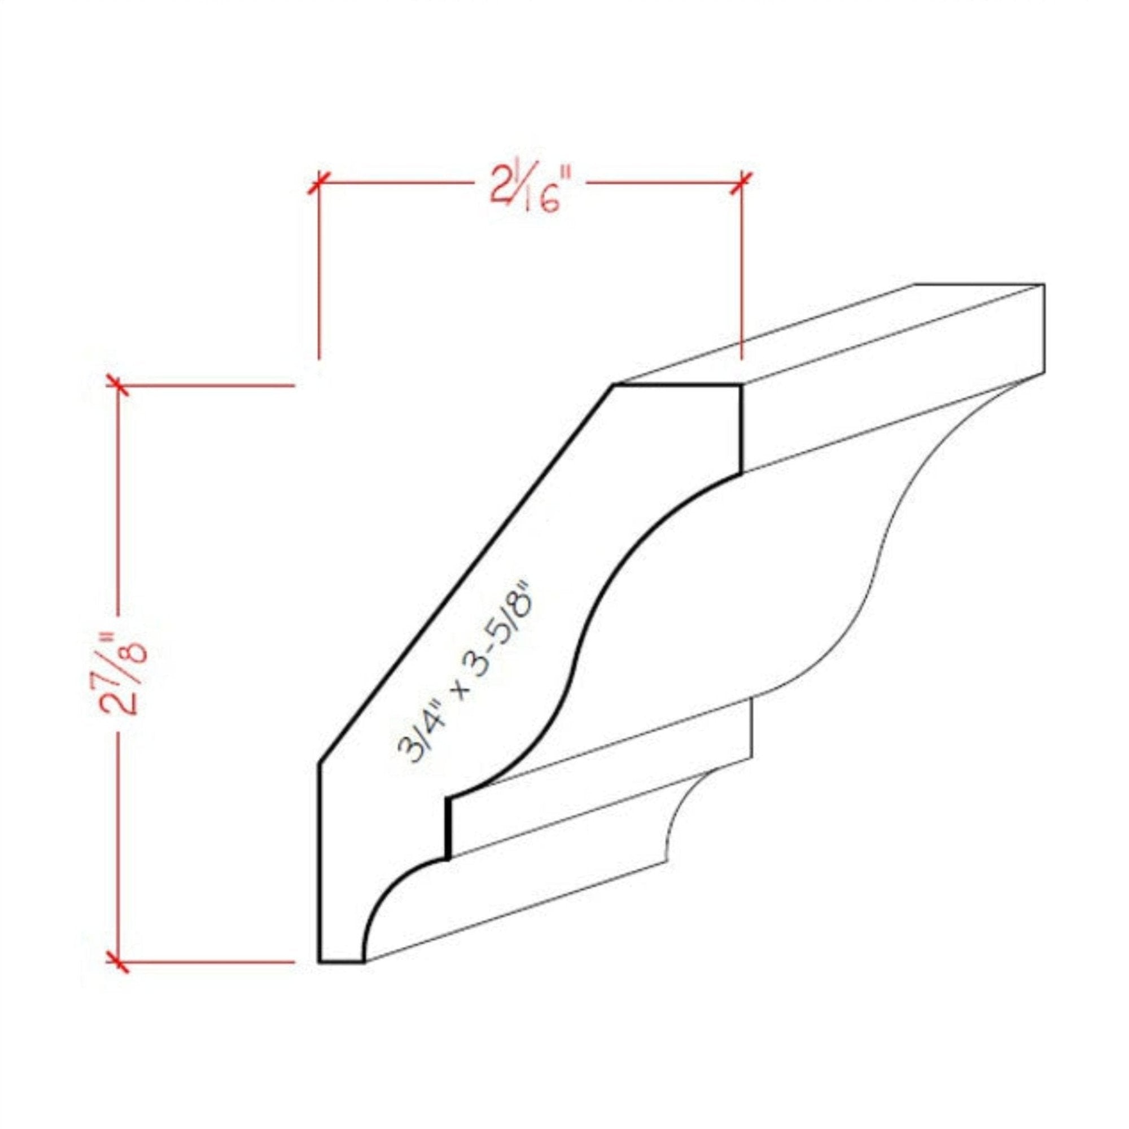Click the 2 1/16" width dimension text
[529, 190]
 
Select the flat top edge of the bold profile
[678, 385]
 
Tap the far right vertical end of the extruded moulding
[1044, 330]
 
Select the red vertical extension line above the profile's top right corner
[742, 275]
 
